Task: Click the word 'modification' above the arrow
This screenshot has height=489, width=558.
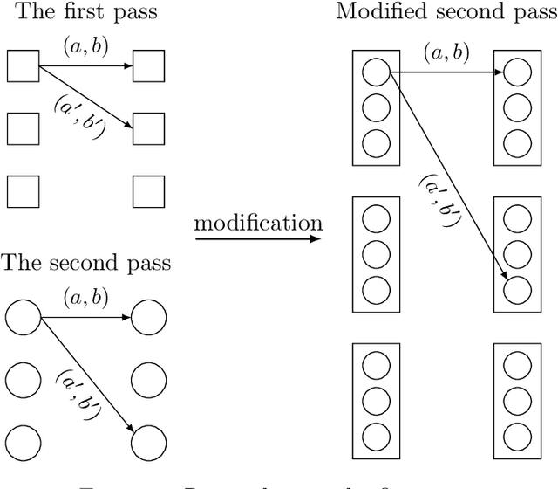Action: pyautogui.click(x=257, y=223)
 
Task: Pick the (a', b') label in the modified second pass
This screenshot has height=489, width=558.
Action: pyautogui.click(x=435, y=200)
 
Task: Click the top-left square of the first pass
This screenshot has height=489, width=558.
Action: pyautogui.click(x=23, y=66)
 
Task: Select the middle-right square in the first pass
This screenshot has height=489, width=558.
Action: pyautogui.click(x=148, y=128)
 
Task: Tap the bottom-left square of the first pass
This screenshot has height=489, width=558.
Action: pyautogui.click(x=23, y=190)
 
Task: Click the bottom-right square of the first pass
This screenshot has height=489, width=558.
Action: pyautogui.click(x=148, y=190)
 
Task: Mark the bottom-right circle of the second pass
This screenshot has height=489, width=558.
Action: pyautogui.click(x=148, y=443)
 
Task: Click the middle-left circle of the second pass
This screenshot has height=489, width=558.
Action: pyautogui.click(x=23, y=380)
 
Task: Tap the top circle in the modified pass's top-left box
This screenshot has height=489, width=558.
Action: pyautogui.click(x=376, y=72)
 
